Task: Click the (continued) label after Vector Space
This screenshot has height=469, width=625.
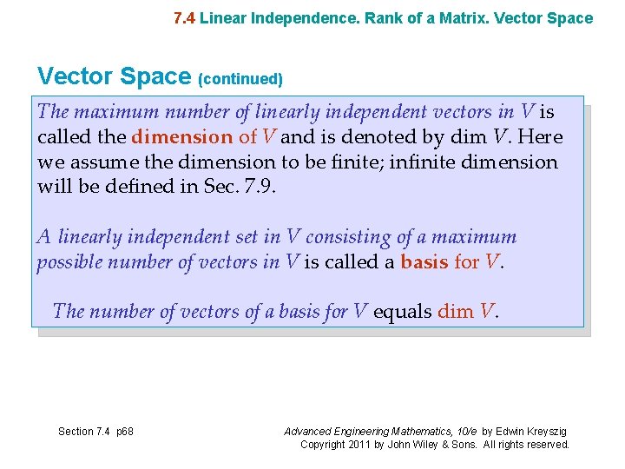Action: pyautogui.click(x=240, y=79)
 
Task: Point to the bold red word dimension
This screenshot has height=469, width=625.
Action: pyautogui.click(x=182, y=137)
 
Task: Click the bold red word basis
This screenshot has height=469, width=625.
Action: pyautogui.click(x=424, y=261)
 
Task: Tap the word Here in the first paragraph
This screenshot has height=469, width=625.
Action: pyautogui.click(x=543, y=137)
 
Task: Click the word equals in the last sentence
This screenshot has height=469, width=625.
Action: pyautogui.click(x=402, y=311)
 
